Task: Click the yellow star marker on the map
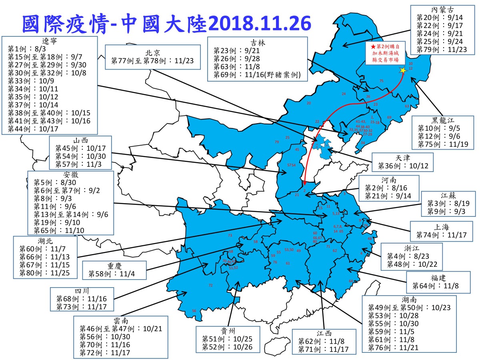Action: click(x=402, y=70)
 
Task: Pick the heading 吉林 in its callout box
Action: click(x=257, y=42)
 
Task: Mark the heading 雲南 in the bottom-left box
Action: click(x=120, y=321)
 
